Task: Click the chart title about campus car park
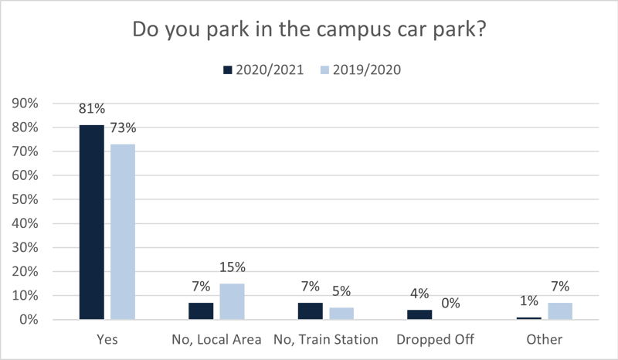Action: (309, 30)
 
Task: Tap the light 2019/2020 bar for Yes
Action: (122, 232)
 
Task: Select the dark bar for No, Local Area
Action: (201, 311)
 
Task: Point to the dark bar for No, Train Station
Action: (310, 311)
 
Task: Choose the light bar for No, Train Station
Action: (341, 313)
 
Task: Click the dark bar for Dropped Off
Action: (419, 314)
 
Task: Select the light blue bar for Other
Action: (560, 311)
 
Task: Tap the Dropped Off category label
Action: (435, 339)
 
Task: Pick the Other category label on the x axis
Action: (545, 339)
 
